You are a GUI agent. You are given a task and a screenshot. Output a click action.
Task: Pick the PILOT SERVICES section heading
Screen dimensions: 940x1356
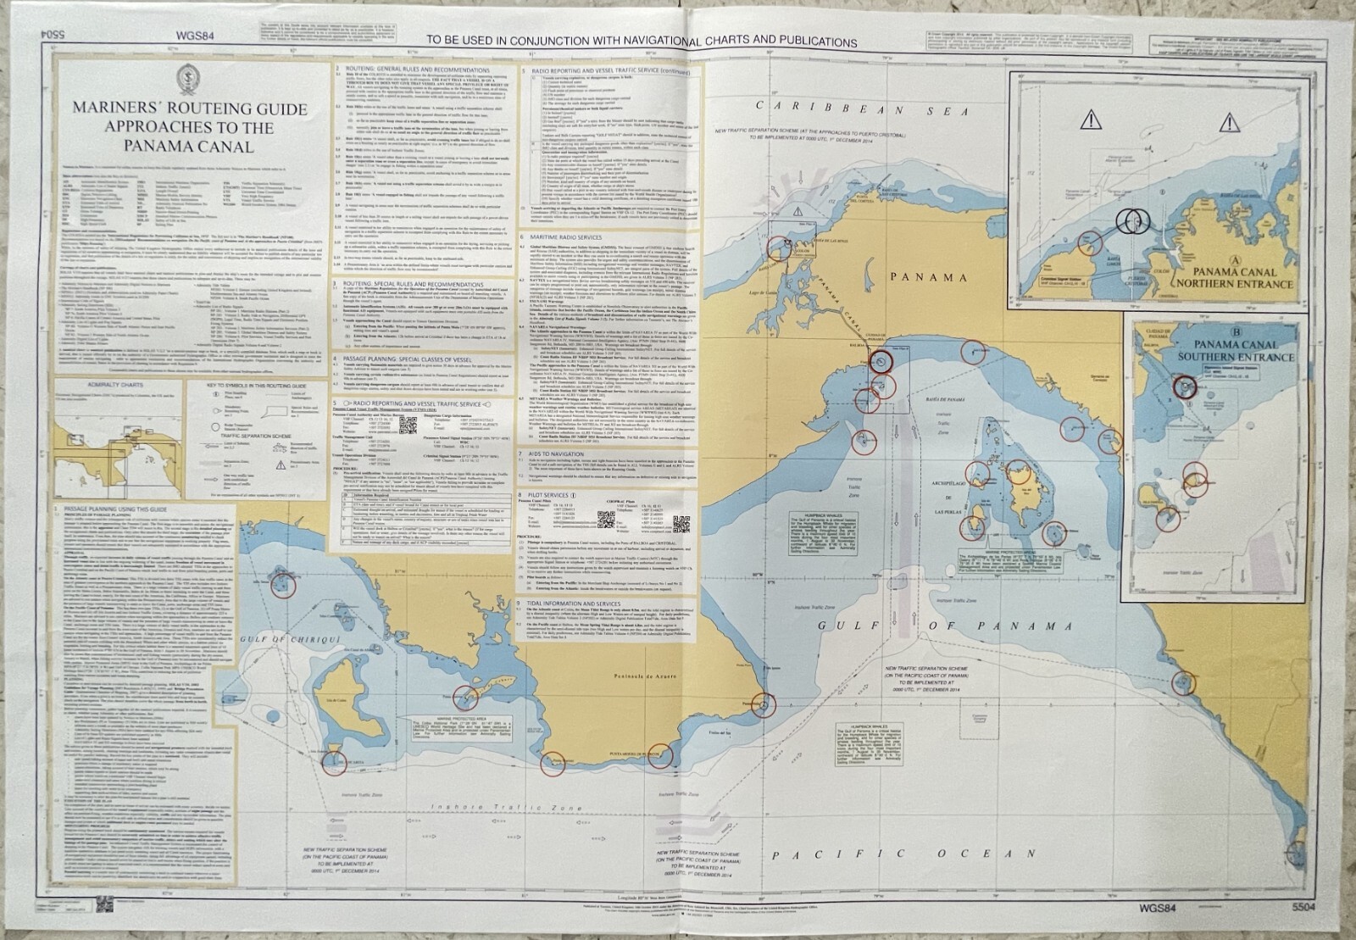559,494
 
